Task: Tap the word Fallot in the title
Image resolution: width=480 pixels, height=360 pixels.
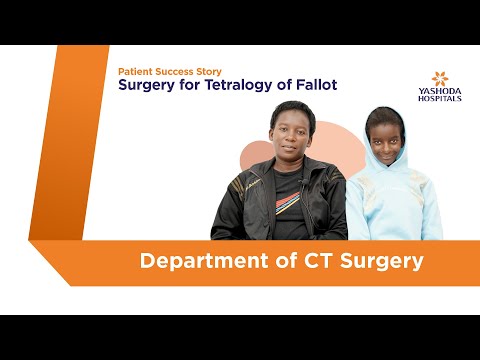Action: pyautogui.click(x=313, y=85)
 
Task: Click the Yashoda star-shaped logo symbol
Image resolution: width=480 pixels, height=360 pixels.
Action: pyautogui.click(x=441, y=79)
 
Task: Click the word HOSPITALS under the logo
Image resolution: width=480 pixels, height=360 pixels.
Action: pyautogui.click(x=441, y=101)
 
